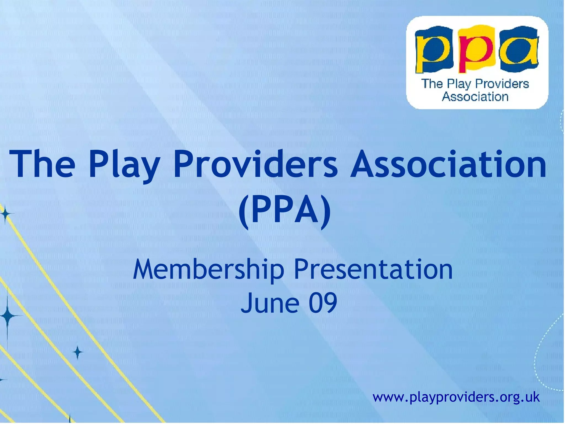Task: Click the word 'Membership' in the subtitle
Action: point(208,269)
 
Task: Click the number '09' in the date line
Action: point(323,303)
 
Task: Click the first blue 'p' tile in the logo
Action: point(433,51)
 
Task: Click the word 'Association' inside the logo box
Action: point(475,97)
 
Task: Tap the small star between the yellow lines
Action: point(78,352)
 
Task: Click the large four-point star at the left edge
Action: point(8,315)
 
